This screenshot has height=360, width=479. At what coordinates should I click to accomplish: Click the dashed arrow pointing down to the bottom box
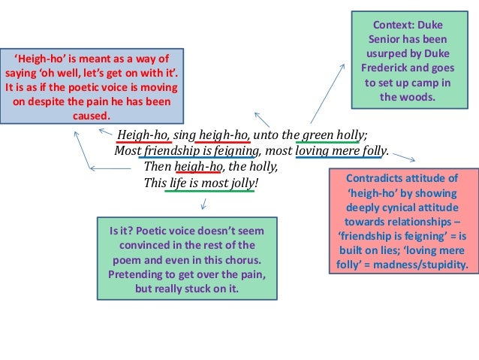203,202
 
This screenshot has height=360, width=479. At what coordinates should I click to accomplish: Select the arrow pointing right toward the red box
403,157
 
